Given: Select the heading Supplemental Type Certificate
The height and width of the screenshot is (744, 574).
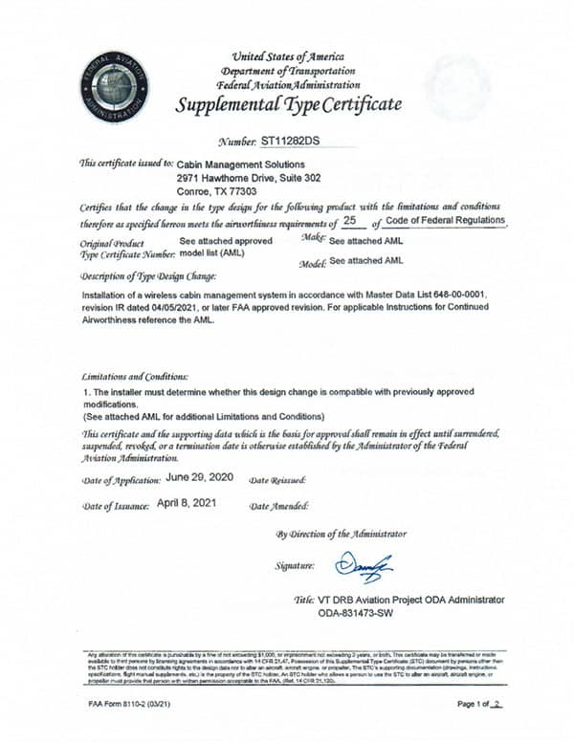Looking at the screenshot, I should pos(288,103).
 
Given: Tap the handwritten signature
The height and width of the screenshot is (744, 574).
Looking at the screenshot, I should pos(364,566).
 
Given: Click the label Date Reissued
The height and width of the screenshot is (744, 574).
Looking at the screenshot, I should pos(277,479).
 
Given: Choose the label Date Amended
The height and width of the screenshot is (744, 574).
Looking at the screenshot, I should pos(278,505).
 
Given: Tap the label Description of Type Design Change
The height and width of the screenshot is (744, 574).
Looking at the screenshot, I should pos(142,275).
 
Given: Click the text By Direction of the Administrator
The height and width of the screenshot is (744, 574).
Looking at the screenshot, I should pos(341,534).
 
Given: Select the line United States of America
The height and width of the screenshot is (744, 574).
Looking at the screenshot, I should pos(288,58).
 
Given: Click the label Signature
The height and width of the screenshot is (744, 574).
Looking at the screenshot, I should pos(296,566).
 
